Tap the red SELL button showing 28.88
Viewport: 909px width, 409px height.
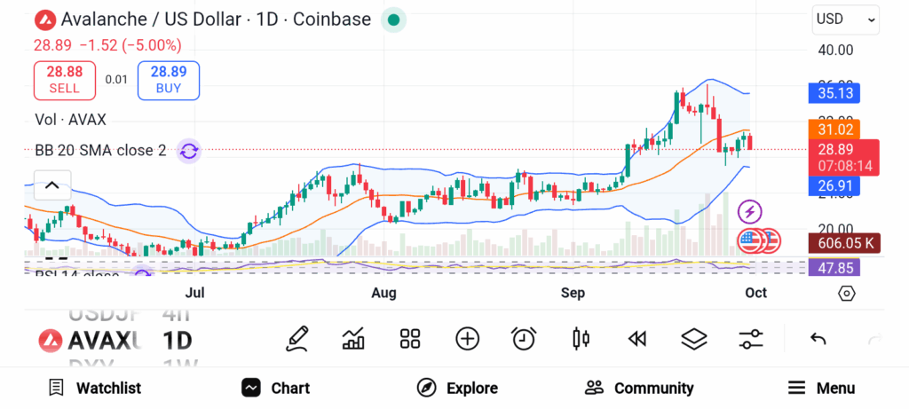click(65, 80)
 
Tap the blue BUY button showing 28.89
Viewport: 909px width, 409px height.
click(169, 80)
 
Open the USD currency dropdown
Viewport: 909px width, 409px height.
click(846, 19)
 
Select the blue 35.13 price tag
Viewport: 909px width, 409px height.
click(834, 92)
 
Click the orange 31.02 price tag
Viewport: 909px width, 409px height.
click(834, 130)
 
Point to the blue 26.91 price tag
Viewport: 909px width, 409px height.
click(834, 186)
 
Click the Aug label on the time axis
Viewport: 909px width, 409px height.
click(383, 293)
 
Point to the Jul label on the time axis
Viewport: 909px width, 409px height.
click(194, 293)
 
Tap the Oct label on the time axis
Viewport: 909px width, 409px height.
click(755, 293)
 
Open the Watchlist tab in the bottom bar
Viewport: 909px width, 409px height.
click(95, 388)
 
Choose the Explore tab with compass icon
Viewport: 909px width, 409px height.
click(457, 388)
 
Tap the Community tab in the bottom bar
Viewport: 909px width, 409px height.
click(639, 388)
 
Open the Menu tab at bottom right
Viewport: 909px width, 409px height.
click(821, 388)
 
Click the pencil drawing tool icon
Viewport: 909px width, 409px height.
click(297, 338)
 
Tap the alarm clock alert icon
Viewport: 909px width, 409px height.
click(524, 338)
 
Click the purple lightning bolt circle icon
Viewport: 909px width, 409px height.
click(751, 212)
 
